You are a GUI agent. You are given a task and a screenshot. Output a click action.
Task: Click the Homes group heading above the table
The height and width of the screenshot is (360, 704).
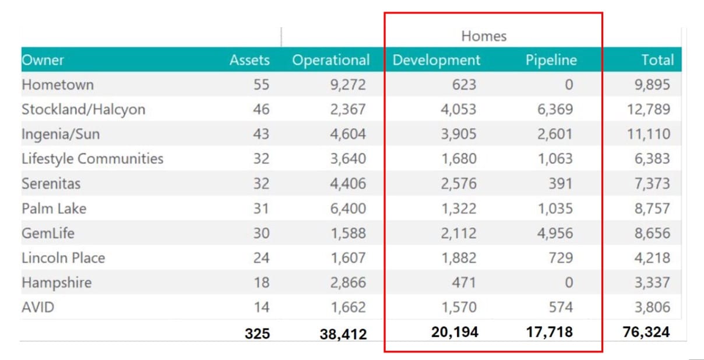coord(484,36)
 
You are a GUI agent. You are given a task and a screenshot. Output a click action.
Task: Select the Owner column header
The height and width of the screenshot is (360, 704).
coord(43,60)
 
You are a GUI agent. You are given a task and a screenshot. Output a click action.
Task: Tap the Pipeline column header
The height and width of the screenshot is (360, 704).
coord(551,60)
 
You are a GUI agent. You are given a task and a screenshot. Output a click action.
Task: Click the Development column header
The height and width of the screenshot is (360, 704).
coord(437,60)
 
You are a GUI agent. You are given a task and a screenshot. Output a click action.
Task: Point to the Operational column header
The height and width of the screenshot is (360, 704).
coord(330,60)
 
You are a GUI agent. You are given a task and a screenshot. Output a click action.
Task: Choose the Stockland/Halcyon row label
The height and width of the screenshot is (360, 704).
coord(83,110)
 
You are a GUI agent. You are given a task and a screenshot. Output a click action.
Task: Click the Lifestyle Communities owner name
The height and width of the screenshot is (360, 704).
coord(92,158)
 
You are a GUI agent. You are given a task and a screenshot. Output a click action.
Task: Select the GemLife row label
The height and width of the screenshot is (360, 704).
coord(48,233)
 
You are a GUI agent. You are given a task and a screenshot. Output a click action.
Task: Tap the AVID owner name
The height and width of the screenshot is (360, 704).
coord(38,307)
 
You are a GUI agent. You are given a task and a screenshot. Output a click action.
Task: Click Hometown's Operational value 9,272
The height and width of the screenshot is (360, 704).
coord(348,85)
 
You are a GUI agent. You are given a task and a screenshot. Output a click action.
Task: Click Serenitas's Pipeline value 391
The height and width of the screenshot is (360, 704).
coord(561,183)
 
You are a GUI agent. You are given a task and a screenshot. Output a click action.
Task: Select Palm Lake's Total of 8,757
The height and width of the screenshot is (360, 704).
coord(652,209)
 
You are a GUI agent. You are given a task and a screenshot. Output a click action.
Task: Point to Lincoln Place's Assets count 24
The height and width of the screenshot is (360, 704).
coord(261,257)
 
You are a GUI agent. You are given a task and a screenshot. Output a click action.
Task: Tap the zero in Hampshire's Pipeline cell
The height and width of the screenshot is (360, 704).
coord(568,283)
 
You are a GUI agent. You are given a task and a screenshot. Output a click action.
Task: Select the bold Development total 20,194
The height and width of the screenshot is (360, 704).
coord(455,332)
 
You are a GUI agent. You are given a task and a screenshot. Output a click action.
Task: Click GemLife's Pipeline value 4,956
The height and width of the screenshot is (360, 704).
coord(555,233)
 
